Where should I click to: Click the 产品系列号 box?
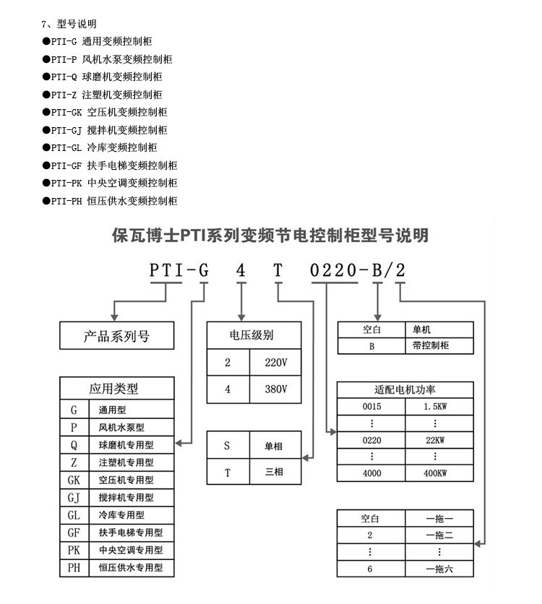pos(117,335)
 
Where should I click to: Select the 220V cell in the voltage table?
pos(275,363)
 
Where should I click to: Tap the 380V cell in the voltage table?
pos(275,389)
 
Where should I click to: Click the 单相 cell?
pos(275,445)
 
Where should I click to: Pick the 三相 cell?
pos(275,472)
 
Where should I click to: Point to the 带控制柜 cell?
pos(439,345)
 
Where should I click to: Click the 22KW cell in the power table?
pos(439,440)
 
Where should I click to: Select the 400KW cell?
pos(439,473)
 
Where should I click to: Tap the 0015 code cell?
pos(371,406)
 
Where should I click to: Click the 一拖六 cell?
pos(439,569)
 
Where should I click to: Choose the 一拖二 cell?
pos(439,535)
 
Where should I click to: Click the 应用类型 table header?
pos(117,388)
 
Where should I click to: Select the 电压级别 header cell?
pos(254,335)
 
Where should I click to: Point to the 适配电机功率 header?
pos(405,390)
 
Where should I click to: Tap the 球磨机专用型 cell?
pos(132,445)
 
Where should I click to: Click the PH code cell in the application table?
pos(74,568)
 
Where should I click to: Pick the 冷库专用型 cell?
pos(132,515)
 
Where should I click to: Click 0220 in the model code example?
pos(334,270)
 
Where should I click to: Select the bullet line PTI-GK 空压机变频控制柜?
pos(105,112)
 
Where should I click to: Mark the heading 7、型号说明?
pos(69,24)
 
